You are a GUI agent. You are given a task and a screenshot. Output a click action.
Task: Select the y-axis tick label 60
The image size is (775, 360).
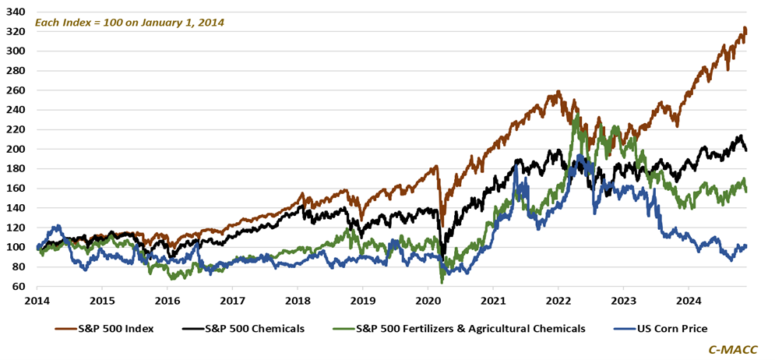[20, 287]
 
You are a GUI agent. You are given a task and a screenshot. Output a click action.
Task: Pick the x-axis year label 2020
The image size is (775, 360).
[427, 300]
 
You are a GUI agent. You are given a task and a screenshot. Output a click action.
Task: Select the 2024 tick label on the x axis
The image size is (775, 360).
[688, 300]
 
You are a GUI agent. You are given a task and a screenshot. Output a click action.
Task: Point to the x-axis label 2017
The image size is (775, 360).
[232, 300]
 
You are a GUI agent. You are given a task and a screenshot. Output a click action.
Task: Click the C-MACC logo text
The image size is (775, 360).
[736, 349]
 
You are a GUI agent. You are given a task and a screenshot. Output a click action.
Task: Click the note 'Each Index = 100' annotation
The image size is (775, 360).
[129, 23]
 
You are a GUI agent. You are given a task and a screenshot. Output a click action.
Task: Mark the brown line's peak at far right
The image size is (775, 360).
[745, 29]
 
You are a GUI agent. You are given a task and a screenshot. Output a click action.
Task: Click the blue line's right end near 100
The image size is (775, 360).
[746, 247]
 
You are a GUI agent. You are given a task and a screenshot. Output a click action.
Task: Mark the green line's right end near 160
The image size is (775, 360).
[746, 190]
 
